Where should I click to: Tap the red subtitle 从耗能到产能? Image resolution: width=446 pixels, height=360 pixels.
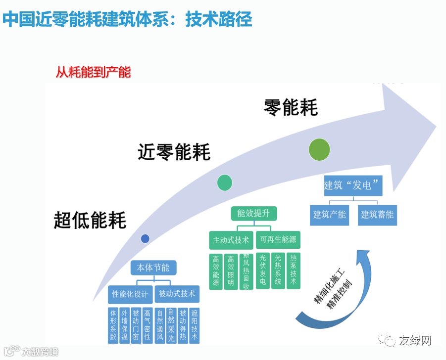click(93, 72)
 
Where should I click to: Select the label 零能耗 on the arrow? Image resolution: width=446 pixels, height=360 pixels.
click(291, 107)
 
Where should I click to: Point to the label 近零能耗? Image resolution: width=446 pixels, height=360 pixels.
click(174, 152)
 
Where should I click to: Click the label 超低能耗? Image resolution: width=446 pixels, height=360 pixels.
click(90, 220)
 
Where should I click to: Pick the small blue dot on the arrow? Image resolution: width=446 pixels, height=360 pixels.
click(145, 239)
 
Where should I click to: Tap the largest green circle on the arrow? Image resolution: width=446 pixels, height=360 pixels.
click(319, 149)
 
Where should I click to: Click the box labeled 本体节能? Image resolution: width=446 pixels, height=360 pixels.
click(153, 268)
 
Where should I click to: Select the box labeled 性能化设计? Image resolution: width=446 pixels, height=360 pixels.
click(130, 294)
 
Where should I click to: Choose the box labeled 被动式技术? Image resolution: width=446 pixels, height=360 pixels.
click(177, 294)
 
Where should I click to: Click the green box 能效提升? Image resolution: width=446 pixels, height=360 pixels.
click(253, 213)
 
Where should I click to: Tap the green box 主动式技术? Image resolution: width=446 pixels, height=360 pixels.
click(231, 240)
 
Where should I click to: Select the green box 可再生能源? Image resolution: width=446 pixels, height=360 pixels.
click(278, 240)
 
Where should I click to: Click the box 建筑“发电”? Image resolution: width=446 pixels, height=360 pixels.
click(353, 186)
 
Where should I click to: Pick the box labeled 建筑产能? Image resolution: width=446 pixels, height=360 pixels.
click(330, 215)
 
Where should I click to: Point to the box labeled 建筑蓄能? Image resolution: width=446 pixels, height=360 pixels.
click(377, 215)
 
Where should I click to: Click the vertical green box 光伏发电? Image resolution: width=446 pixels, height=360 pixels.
click(262, 271)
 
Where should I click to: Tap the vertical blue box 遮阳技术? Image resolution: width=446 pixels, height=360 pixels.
click(194, 325)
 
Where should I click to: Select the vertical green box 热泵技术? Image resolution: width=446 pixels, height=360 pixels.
click(294, 270)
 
